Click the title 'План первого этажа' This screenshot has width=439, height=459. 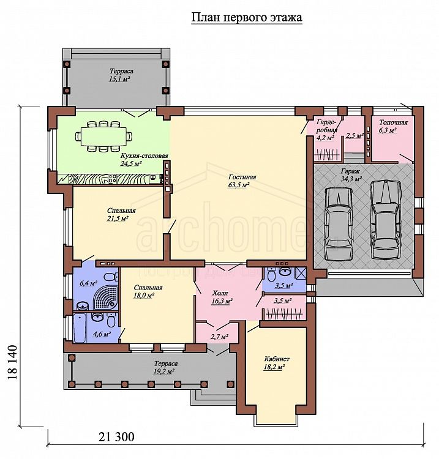pyautogui.click(x=247, y=18)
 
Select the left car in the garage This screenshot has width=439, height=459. pyautogui.click(x=339, y=223)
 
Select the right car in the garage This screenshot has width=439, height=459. pyautogui.click(x=385, y=220)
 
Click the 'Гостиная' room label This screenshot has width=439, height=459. pyautogui.click(x=242, y=177)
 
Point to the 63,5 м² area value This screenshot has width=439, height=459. pyautogui.click(x=239, y=185)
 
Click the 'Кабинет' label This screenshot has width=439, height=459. pyautogui.click(x=277, y=359)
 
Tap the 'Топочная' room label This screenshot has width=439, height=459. pyautogui.click(x=393, y=122)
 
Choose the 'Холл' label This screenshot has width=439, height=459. pyautogui.click(x=220, y=293)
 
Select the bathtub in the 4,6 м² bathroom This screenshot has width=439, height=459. pyautogui.click(x=80, y=328)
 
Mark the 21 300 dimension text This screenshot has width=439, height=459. pyautogui.click(x=116, y=437)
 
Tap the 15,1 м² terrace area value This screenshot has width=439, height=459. pyautogui.click(x=119, y=79)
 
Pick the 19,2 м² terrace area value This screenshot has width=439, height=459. pyautogui.click(x=164, y=371)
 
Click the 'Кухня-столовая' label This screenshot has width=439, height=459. pyautogui.click(x=144, y=155)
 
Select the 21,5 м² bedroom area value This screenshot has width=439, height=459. pyautogui.click(x=118, y=218)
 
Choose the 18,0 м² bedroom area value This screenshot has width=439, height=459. pyautogui.click(x=144, y=296)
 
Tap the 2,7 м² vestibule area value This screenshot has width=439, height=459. pyautogui.click(x=219, y=337)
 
